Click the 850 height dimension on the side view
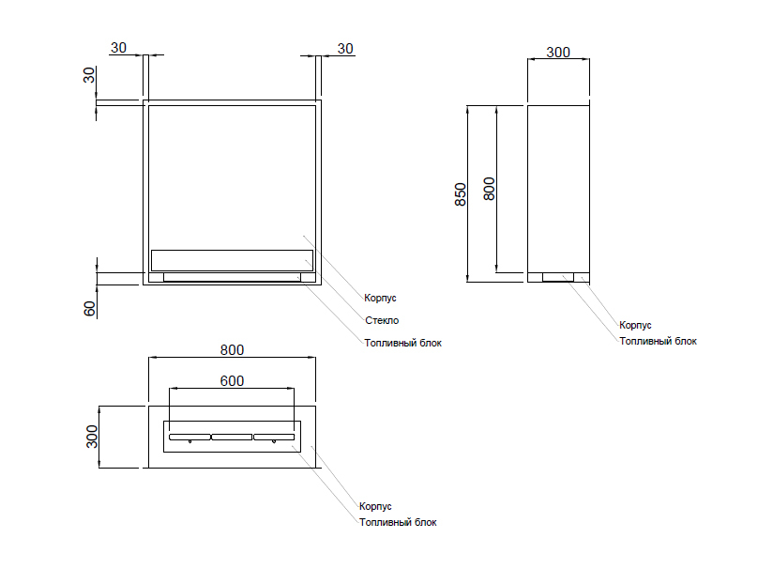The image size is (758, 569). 461,193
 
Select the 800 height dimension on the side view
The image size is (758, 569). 488,189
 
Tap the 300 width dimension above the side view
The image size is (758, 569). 558,53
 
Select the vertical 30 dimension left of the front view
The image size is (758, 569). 90,75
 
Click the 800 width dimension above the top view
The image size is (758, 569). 233,350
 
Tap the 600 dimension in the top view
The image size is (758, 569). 233,380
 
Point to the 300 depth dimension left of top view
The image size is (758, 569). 92,437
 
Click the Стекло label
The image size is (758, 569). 382,320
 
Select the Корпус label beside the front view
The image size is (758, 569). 381,298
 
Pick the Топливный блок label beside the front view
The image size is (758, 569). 402,343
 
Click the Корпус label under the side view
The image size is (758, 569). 635,325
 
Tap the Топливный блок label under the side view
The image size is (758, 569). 658,341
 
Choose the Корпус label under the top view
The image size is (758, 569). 375,506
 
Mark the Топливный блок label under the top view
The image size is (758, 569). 398,522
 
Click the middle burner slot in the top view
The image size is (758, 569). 233,437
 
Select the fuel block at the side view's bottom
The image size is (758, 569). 558,277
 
